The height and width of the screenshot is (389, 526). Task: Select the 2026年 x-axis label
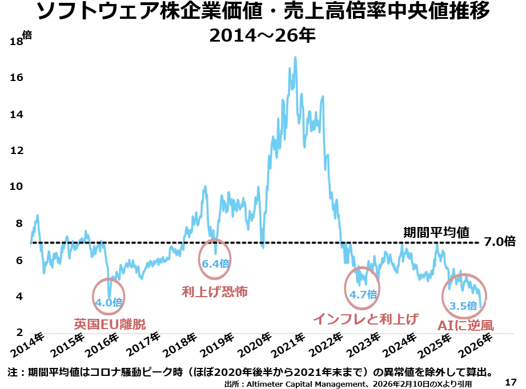coord(476,342)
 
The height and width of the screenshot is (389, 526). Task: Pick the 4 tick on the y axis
coord(19,297)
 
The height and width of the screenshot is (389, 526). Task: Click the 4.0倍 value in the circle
coord(109,302)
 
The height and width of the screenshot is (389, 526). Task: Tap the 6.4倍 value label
coord(215,264)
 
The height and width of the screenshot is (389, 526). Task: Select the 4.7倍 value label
coord(363,294)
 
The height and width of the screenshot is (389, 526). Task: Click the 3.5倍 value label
coord(463,306)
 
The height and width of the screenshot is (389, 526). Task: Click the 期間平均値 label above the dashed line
coord(436,232)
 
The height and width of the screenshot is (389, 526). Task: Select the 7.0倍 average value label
coord(499,242)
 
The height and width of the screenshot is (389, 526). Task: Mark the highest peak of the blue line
coord(295,57)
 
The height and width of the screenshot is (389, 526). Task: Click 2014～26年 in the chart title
coord(262,36)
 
